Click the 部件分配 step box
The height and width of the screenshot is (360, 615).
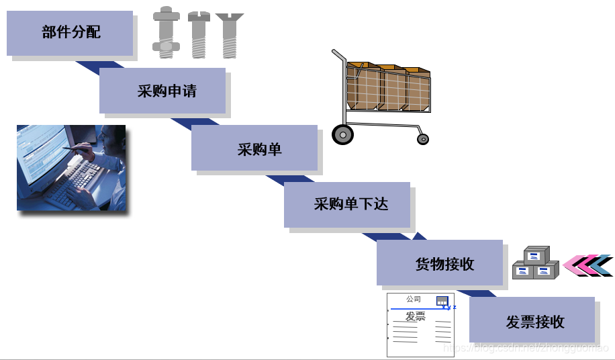pos(70,33)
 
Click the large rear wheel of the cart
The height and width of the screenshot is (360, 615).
pos(342,134)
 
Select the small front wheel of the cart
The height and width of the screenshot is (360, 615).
pos(422,139)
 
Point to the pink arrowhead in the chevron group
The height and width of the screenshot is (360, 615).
pos(572,265)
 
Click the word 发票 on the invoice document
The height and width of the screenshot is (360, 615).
pos(416,316)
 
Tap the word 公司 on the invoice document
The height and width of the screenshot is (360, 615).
pos(414,300)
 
